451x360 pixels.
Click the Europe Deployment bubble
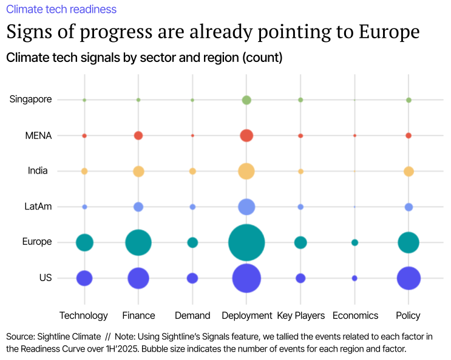[246, 243]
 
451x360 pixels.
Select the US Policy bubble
[409, 279]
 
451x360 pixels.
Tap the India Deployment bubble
[246, 171]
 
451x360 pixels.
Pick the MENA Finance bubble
[138, 135]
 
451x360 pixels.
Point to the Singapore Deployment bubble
[246, 100]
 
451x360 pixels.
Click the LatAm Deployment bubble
[246, 207]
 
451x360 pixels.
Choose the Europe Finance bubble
[138, 243]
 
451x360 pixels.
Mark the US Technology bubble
[84, 279]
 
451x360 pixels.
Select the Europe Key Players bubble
[300, 243]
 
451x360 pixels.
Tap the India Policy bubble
[409, 171]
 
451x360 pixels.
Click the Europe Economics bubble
[354, 243]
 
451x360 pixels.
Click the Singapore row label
[31, 99]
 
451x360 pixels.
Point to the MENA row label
[38, 135]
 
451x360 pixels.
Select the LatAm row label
[38, 206]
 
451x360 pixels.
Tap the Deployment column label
[246, 315]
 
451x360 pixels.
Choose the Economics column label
[355, 315]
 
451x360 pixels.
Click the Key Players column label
[300, 315]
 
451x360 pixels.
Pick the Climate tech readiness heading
[61, 9]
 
